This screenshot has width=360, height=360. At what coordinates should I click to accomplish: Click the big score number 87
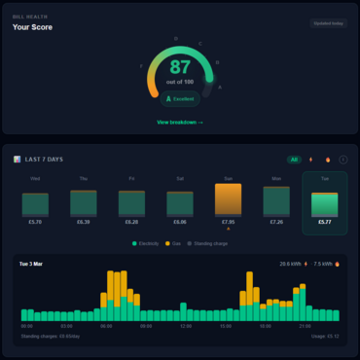180,67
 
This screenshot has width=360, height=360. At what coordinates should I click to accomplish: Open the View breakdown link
180,123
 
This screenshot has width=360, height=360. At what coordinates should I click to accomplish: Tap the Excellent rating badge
180,98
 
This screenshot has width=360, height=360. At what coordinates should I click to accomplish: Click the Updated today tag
328,23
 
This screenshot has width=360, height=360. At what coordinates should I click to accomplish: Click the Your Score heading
33,27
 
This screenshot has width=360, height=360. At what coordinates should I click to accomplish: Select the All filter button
294,159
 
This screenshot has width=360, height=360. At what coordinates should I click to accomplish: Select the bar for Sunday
228,200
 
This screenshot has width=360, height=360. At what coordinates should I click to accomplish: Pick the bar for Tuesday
324,203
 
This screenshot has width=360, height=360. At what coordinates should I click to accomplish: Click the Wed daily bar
36,204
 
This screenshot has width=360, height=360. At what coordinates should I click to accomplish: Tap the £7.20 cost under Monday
276,223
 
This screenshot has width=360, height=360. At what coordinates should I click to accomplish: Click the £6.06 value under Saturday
180,223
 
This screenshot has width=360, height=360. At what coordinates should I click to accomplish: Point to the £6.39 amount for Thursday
84,223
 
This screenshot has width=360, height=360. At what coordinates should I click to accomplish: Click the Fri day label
131,179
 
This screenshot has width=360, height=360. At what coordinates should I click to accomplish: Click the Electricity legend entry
146,243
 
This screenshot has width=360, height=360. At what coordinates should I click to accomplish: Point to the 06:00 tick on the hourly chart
106,327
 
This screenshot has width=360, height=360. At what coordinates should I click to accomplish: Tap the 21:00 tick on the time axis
305,327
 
